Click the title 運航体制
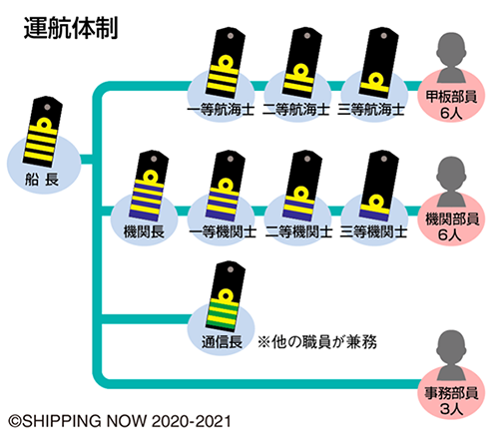pyautogui.click(x=71, y=28)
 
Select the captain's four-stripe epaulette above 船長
pyautogui.click(x=43, y=132)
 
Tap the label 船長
pyautogui.click(x=42, y=180)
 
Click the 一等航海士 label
pyautogui.click(x=221, y=110)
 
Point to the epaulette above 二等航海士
pyautogui.click(x=302, y=63)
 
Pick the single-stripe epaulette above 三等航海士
pyautogui.click(x=379, y=63)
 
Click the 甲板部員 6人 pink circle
pyautogui.click(x=451, y=97)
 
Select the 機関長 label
pyautogui.click(x=144, y=231)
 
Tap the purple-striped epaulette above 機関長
pyautogui.click(x=149, y=186)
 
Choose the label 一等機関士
pyautogui.click(x=223, y=231)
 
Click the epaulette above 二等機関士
pyautogui.click(x=302, y=186)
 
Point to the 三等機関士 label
pyautogui.click(x=373, y=231)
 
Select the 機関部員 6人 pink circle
pyautogui.click(x=451, y=220)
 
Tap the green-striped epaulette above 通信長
pyautogui.click(x=226, y=296)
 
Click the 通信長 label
pyautogui.click(x=222, y=342)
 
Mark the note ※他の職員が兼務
pyautogui.click(x=317, y=342)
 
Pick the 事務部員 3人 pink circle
pyautogui.click(x=451, y=393)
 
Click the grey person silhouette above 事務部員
pyautogui.click(x=451, y=356)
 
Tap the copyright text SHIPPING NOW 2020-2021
pyautogui.click(x=120, y=421)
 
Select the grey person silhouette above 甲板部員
pyautogui.click(x=451, y=58)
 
